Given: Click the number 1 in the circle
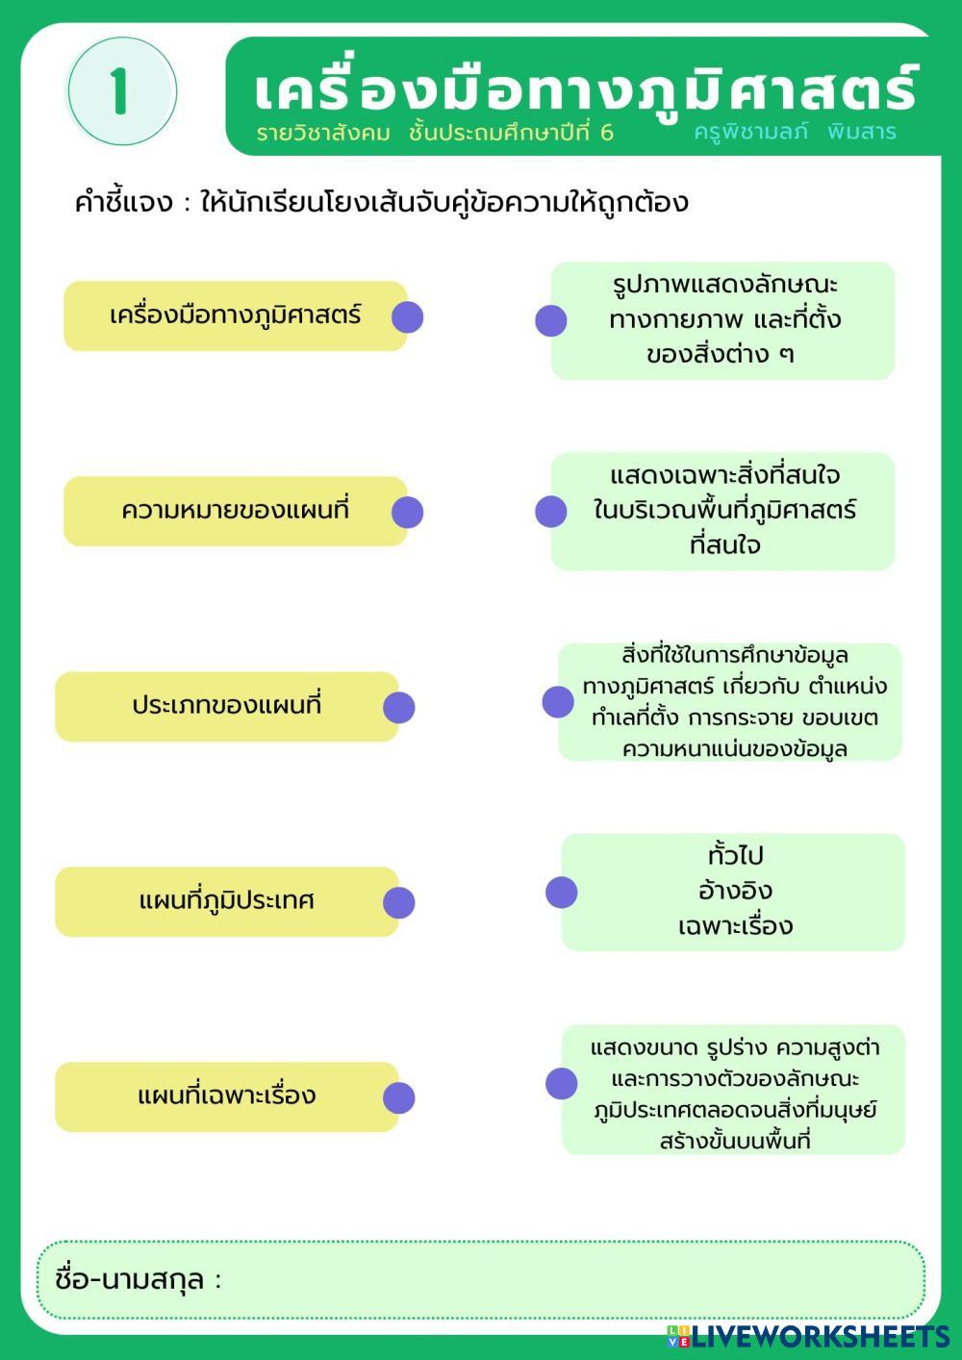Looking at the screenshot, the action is tap(119, 92).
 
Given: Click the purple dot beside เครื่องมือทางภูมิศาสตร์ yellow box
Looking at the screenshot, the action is tap(407, 316).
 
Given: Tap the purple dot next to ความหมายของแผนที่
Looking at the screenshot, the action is tap(407, 512).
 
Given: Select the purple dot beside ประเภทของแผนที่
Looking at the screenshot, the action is tap(398, 707).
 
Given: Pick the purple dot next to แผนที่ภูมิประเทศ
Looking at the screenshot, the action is tap(398, 902).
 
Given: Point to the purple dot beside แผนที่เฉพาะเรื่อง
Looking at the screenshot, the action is tap(398, 1097).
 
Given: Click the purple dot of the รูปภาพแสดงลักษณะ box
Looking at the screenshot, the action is tap(551, 320).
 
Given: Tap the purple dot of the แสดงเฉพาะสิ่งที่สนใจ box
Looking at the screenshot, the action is tap(551, 511).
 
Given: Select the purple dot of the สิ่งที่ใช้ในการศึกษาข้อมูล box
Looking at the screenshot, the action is tap(558, 701).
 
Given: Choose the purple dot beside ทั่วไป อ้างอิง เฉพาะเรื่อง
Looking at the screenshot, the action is tap(562, 892).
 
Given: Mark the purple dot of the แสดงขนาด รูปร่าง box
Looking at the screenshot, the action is tap(562, 1083).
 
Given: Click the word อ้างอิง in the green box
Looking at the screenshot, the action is tap(735, 891).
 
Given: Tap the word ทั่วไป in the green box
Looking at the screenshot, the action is tap(735, 855).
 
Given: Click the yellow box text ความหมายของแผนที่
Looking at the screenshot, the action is tap(235, 510).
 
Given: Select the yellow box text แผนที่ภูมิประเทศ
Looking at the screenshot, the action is tap(227, 901).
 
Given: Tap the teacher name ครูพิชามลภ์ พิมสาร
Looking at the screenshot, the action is tap(795, 132).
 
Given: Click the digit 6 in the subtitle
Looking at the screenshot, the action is tap(606, 133).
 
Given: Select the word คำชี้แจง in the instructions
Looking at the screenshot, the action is tap(123, 203).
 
